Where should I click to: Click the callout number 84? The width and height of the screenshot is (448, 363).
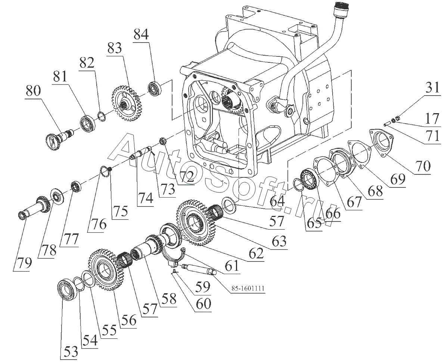point(141,35)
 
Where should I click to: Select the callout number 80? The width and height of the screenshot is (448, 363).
point(34,91)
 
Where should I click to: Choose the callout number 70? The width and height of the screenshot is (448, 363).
point(421,166)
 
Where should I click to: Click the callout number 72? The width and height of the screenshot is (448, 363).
point(186,176)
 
